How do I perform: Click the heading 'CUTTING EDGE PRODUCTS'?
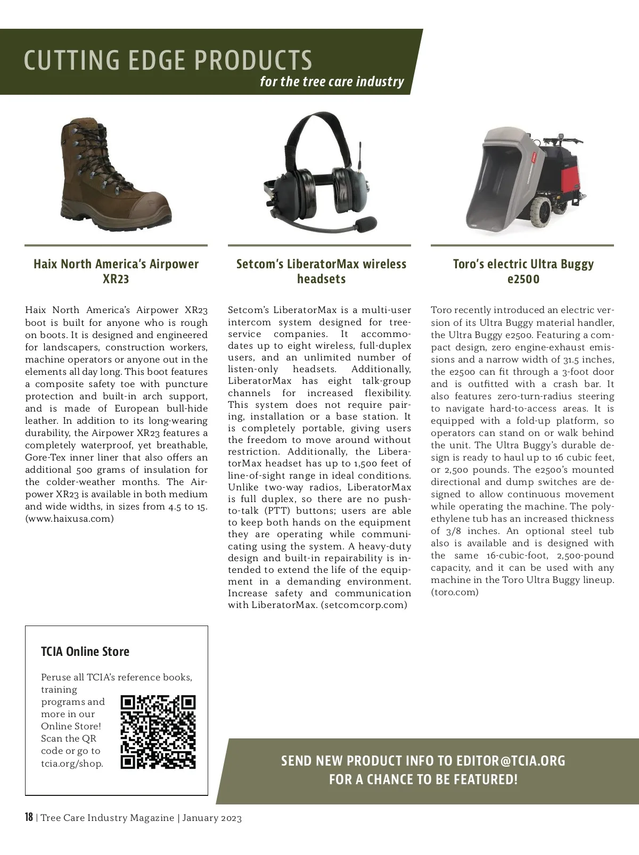click(168, 60)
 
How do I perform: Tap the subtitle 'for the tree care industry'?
click(332, 81)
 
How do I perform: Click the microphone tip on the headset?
click(367, 224)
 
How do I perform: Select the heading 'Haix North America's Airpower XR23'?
click(116, 271)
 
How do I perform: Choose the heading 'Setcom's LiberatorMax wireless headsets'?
click(321, 271)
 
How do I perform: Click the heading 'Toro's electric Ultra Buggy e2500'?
click(523, 271)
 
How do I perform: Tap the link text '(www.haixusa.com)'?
click(69, 519)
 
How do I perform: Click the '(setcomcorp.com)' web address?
click(364, 605)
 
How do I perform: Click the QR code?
click(158, 732)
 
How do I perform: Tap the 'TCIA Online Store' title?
click(85, 651)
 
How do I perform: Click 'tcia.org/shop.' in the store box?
click(72, 763)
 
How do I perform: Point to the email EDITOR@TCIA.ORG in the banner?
click(511, 760)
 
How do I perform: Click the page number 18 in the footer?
click(29, 817)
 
